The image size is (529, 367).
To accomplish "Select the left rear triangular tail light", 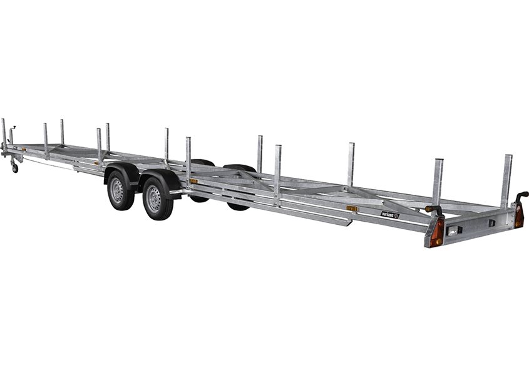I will click(x=436, y=232).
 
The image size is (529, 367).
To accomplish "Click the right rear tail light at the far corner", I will click(x=519, y=216).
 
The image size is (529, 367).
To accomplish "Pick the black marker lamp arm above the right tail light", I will click(x=521, y=195).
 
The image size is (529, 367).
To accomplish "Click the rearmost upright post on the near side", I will click(x=438, y=182).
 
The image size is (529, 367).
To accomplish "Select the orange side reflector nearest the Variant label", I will click(x=352, y=208).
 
